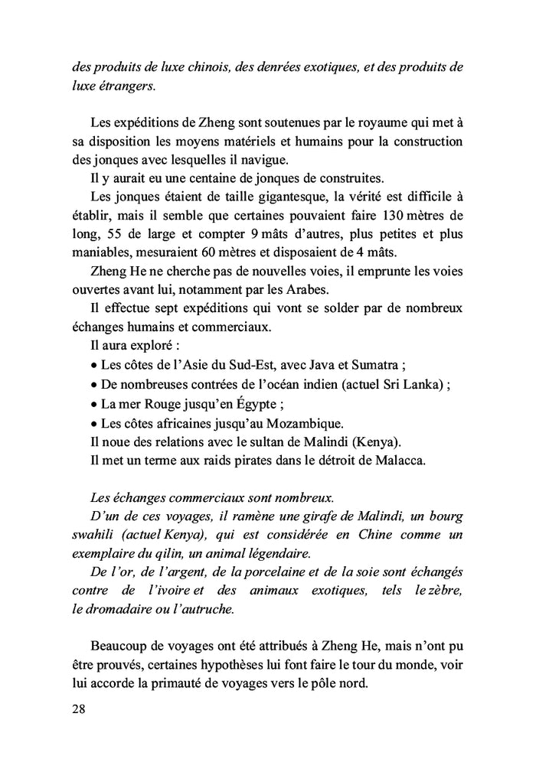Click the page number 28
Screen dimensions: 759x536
click(77, 709)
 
